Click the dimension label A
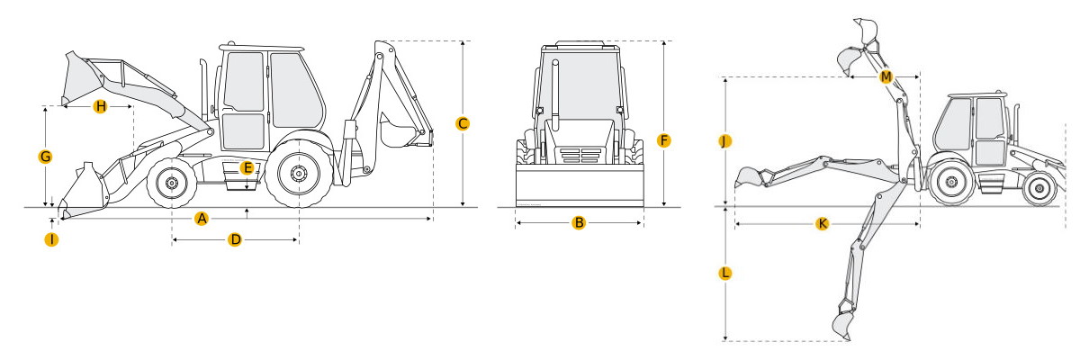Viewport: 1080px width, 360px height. tap(202, 219)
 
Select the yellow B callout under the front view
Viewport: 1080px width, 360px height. tap(579, 222)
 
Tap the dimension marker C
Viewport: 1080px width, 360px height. tap(463, 124)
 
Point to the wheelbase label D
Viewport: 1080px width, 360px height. tap(235, 239)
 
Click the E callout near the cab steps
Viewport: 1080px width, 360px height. tap(247, 168)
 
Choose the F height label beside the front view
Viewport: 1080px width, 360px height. tap(664, 140)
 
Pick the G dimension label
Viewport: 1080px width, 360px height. tap(45, 157)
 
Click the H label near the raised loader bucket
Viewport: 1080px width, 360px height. tap(100, 106)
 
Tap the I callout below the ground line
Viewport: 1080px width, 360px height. tap(51, 239)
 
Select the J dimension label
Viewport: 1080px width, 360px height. tap(724, 141)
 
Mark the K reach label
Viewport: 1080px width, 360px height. tap(822, 223)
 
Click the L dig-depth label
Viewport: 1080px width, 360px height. tap(724, 274)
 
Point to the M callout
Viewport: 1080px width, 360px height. tap(886, 76)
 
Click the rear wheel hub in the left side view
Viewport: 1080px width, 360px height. tap(299, 174)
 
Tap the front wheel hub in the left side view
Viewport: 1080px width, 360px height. tap(171, 183)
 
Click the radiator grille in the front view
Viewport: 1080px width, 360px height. tap(580, 155)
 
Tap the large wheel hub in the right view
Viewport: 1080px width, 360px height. tap(952, 182)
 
